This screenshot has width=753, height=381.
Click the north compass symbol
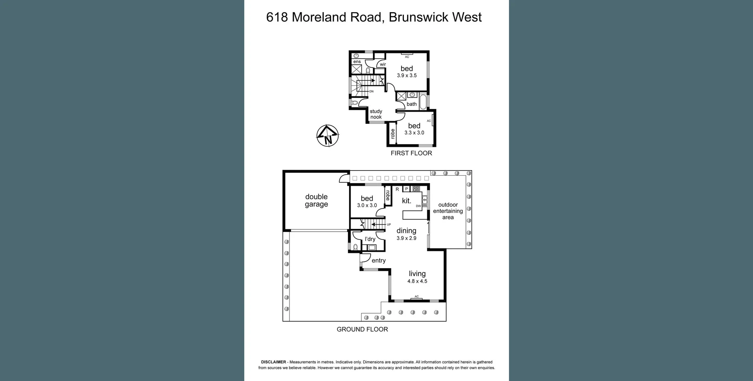click(327, 136)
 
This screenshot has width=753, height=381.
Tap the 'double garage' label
click(316, 200)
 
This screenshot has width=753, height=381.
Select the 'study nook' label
click(376, 114)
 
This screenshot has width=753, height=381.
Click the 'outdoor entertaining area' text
click(448, 211)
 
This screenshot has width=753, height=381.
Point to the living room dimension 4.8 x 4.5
click(417, 281)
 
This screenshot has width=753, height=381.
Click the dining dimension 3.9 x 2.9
click(406, 238)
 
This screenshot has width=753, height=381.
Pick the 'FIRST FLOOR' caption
click(411, 153)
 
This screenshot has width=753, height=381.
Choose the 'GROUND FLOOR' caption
click(362, 329)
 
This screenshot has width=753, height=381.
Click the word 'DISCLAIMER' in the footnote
click(273, 362)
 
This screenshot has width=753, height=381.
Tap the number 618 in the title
click(277, 17)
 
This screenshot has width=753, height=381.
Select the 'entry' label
click(378, 261)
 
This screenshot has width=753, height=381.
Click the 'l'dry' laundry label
click(370, 239)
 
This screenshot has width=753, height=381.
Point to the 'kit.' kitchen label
click(407, 201)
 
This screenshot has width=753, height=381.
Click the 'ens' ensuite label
click(357, 62)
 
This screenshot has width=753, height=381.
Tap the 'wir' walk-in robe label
click(383, 64)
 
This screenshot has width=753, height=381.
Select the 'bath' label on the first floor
click(411, 104)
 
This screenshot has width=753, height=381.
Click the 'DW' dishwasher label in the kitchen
click(418, 206)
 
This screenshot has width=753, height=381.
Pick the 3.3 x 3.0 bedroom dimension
click(414, 132)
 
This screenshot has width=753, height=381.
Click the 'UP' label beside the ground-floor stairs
click(389, 225)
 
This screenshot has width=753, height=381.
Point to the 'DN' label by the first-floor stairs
click(371, 91)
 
